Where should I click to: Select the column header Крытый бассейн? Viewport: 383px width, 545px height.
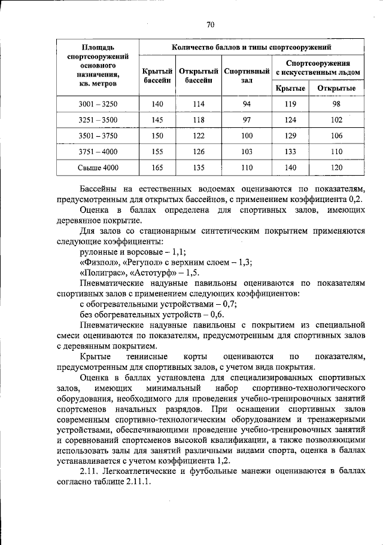[x=158, y=75]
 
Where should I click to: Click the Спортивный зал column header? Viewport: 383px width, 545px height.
[x=246, y=75]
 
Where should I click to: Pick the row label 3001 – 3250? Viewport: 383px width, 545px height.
[x=98, y=105]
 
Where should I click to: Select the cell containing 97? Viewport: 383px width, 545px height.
[x=246, y=120]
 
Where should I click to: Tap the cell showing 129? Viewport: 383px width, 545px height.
[x=290, y=136]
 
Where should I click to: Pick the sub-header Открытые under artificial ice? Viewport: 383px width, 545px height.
[x=336, y=88]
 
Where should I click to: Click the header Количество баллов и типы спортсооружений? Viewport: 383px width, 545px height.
[x=251, y=46]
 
